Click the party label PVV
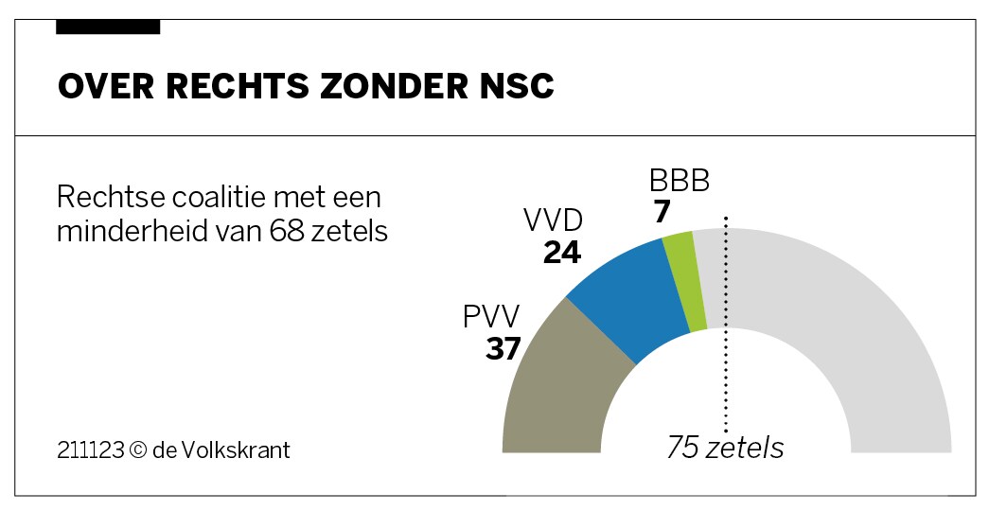(x=491, y=317)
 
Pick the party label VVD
(x=553, y=221)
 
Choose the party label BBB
(x=679, y=181)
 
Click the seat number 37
(x=503, y=349)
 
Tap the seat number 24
(x=561, y=253)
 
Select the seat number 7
(x=662, y=212)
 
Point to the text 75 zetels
(x=725, y=447)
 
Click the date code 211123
(x=90, y=449)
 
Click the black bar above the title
(x=108, y=27)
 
